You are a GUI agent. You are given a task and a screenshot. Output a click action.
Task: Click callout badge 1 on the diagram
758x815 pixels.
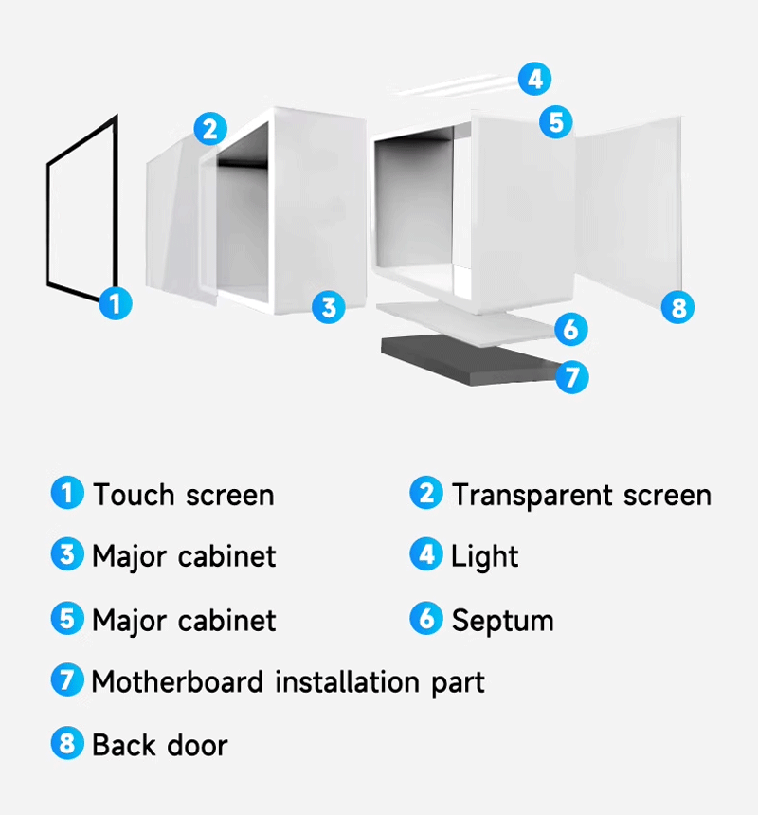[116, 303]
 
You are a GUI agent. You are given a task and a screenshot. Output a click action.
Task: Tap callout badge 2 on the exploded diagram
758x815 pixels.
[210, 128]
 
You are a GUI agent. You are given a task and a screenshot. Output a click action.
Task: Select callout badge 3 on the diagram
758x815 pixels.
[329, 307]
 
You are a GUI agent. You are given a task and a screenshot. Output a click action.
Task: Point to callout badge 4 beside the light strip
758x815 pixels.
[534, 79]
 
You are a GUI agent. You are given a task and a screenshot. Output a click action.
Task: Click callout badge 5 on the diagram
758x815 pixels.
[556, 122]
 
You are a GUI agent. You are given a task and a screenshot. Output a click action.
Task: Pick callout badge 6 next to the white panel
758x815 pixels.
[571, 329]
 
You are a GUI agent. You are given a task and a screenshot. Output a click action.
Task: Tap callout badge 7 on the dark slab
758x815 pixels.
[572, 377]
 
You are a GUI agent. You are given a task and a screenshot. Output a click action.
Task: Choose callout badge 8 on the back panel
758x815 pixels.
[678, 307]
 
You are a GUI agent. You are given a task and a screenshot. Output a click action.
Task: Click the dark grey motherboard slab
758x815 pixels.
[467, 358]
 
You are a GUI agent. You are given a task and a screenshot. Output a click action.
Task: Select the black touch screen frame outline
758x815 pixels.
[48, 224]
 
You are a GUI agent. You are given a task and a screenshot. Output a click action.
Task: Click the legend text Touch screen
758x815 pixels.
[184, 495]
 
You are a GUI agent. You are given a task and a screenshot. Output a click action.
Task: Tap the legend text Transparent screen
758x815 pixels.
[582, 496]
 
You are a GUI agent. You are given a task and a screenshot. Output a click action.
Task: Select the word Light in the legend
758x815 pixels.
[485, 557]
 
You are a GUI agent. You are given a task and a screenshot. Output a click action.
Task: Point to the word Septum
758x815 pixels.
[502, 621]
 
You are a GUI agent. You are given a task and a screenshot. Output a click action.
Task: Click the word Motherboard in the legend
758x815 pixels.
[177, 681]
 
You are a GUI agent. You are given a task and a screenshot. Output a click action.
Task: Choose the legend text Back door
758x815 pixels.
[160, 745]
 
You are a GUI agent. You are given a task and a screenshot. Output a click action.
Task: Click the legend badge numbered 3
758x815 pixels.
[67, 554]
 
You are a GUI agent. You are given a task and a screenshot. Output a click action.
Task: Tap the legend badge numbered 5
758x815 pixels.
[67, 619]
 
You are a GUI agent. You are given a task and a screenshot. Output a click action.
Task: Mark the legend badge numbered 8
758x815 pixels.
[67, 743]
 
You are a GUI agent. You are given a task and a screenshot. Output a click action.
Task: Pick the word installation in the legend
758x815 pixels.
[347, 681]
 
